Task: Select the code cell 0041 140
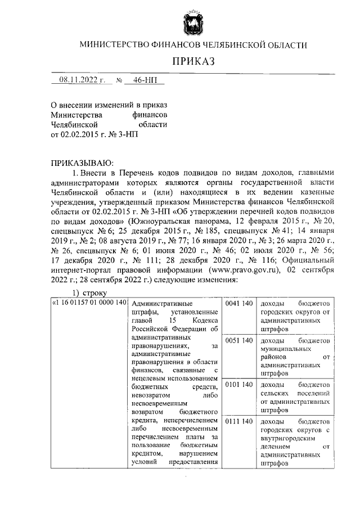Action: coord(238,304)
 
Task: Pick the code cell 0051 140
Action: coord(238,341)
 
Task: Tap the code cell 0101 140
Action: coord(238,385)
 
